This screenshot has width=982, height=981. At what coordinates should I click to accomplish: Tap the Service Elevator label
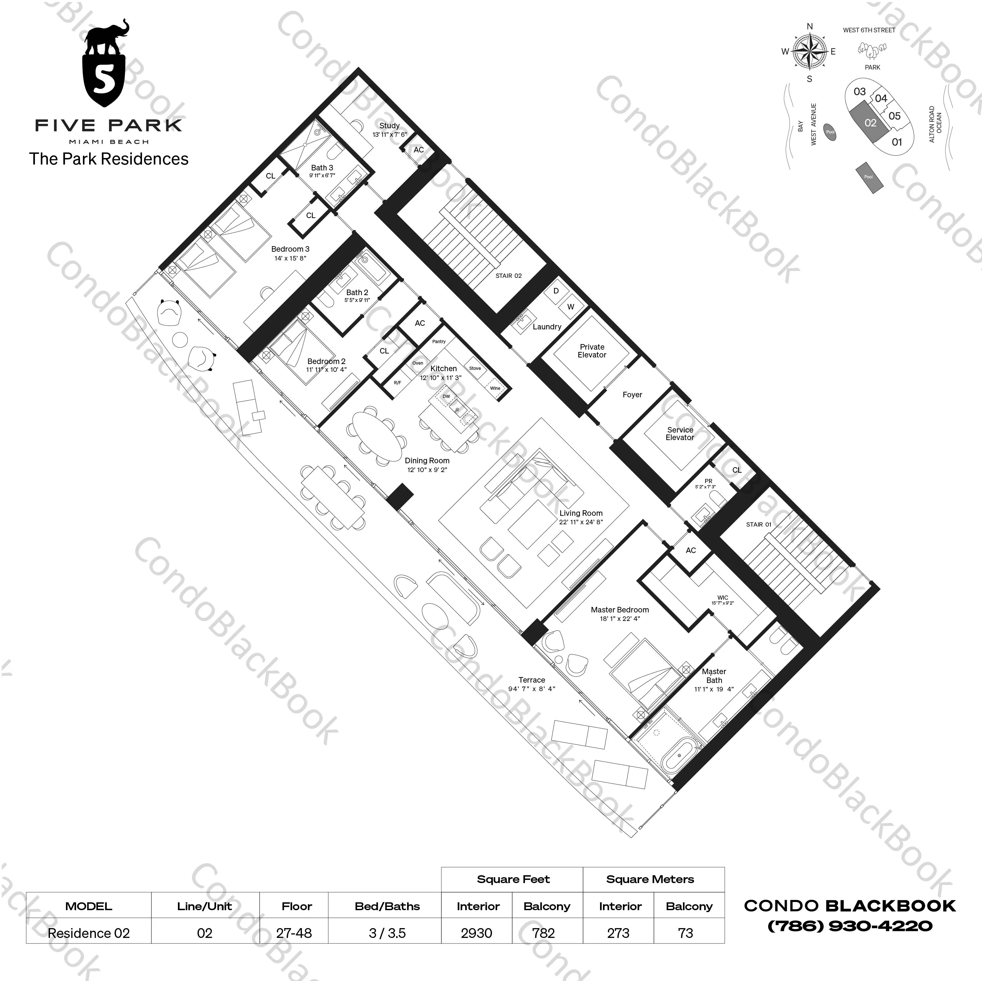point(680,433)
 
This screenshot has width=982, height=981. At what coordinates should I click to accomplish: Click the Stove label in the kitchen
point(475,368)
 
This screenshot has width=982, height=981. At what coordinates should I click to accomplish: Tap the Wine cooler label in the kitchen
point(495,388)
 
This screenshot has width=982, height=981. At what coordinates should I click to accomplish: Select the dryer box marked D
point(556,291)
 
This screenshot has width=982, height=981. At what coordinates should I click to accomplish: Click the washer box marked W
point(570,307)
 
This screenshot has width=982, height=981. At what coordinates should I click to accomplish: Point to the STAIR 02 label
point(508,276)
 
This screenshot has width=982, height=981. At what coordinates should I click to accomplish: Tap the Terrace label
point(532,680)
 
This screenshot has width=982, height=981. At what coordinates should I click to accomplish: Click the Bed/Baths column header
point(387,906)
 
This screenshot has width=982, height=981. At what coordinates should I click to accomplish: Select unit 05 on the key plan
point(894,116)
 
